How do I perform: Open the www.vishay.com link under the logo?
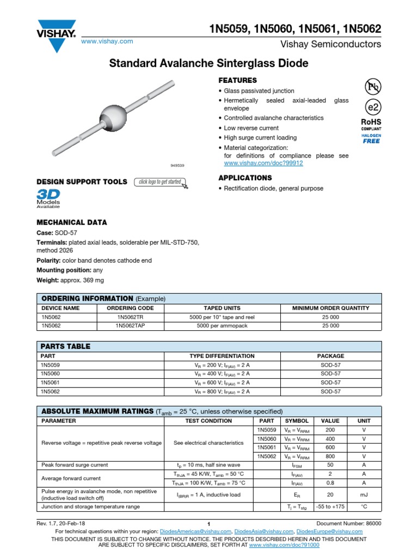[x=107, y=41]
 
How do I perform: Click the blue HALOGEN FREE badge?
[x=372, y=138]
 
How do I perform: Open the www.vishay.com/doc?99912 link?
[x=263, y=163]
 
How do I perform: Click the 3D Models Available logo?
[x=48, y=199]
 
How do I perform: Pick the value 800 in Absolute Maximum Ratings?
[x=330, y=456]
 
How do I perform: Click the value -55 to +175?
[x=330, y=506]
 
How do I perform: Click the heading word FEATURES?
[x=237, y=80]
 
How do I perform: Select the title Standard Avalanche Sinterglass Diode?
[x=209, y=64]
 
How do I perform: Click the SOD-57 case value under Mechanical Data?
[x=66, y=233]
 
